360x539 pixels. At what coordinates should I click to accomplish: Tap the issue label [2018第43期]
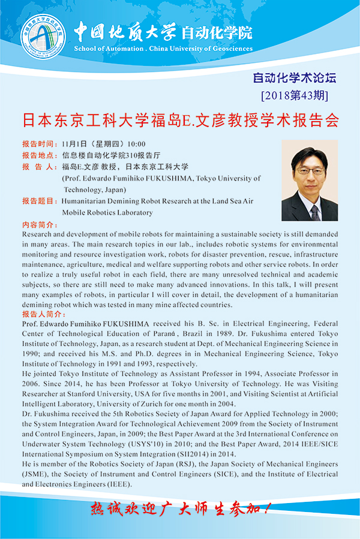click(295, 95)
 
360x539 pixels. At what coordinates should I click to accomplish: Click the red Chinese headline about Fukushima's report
click(180, 120)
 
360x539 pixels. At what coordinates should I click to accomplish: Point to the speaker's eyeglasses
click(310, 171)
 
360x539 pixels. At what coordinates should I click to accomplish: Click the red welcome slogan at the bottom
click(180, 509)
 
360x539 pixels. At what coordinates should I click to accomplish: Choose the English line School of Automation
click(163, 49)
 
